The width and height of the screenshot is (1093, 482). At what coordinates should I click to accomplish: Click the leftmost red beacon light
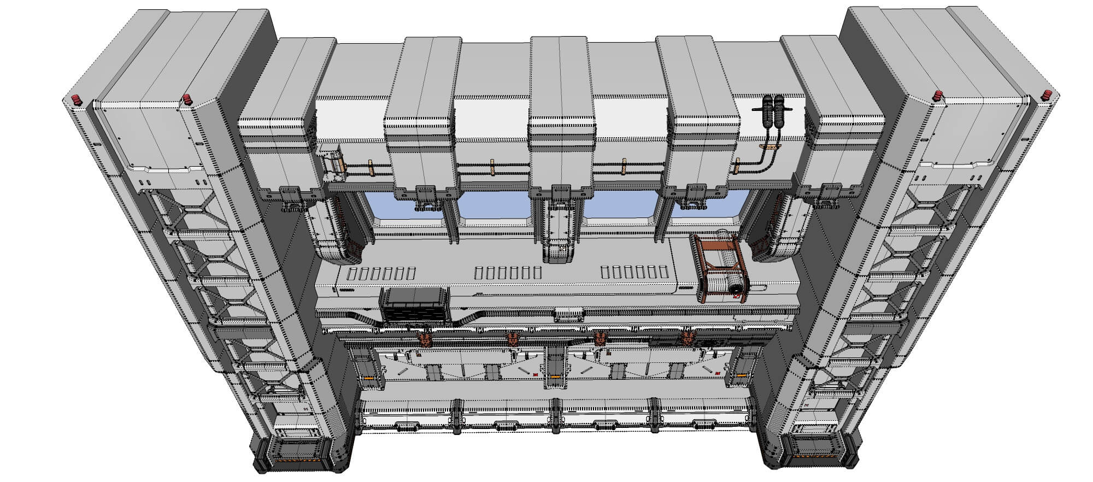tap(76, 99)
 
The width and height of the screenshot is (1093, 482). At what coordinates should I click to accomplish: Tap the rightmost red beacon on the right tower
tap(1047, 95)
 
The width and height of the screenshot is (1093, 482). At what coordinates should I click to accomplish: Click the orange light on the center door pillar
tap(555, 377)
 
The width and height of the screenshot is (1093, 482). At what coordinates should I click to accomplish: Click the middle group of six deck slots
tap(508, 272)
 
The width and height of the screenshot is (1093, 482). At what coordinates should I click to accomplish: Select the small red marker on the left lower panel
tap(534, 374)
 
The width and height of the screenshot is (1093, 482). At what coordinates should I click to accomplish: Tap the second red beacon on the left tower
tap(187, 99)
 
